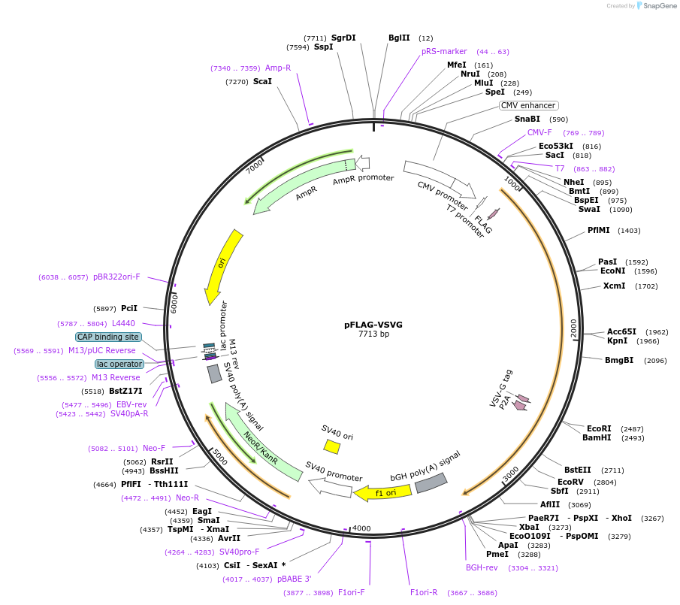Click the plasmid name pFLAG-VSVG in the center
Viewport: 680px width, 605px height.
click(373, 325)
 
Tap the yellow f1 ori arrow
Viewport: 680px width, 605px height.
click(383, 493)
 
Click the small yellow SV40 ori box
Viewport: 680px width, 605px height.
click(331, 447)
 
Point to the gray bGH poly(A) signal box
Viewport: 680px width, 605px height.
click(431, 482)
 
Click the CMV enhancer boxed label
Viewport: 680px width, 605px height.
click(529, 106)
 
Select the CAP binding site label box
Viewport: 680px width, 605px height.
click(107, 337)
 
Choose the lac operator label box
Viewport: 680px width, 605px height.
click(119, 364)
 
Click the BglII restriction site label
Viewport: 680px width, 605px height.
click(399, 38)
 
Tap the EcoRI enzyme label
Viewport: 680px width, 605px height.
click(599, 428)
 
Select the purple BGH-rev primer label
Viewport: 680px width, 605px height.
click(482, 567)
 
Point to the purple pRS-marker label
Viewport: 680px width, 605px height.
click(444, 51)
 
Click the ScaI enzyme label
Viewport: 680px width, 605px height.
click(262, 81)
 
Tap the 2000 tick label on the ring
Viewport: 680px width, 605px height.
click(574, 328)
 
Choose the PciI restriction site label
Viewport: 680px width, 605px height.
click(129, 308)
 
